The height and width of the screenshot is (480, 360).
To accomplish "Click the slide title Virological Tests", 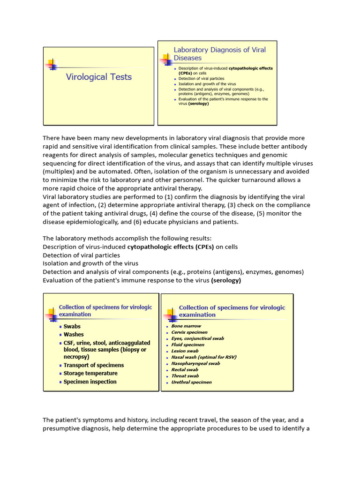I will tap(98, 77).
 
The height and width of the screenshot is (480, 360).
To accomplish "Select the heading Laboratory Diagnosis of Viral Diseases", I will tap(219, 54).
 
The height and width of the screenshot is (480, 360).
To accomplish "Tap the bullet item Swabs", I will tap(72, 326).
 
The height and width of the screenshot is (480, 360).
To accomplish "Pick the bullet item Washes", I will tap(74, 335).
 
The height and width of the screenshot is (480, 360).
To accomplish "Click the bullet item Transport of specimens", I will tap(94, 365).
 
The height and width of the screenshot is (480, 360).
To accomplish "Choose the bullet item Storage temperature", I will tap(90, 374).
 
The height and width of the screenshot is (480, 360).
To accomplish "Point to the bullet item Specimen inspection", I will tap(90, 382).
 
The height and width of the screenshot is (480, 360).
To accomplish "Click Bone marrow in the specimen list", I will tap(186, 326).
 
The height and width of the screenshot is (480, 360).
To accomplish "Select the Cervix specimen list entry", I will tap(189, 332).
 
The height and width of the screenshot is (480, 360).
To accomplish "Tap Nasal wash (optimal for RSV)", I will tap(204, 357).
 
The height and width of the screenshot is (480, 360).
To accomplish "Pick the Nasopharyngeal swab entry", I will tap(195, 363).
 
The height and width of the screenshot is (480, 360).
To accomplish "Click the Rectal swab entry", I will tap(185, 369).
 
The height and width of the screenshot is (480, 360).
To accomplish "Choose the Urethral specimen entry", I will tap(191, 382).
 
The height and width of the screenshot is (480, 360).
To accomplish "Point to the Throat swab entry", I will tap(185, 375).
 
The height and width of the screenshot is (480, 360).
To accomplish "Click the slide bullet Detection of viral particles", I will tap(201, 79).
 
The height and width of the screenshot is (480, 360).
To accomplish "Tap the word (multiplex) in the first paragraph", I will tap(60, 172).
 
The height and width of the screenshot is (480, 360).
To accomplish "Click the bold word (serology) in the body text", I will tap(226, 280).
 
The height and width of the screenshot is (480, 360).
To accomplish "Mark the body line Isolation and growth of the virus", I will tap(90, 263).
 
